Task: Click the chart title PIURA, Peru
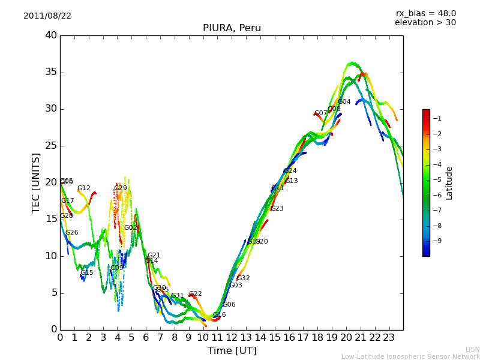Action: click(232, 28)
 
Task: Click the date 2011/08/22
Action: click(47, 16)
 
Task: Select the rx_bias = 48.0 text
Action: click(425, 14)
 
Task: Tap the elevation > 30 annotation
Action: click(425, 23)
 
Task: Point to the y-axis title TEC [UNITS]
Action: click(36, 182)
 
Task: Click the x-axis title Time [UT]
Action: click(232, 351)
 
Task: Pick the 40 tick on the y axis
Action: click(51, 35)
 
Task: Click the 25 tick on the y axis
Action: click(51, 146)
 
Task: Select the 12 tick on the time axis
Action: click(232, 338)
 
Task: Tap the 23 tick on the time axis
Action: click(389, 338)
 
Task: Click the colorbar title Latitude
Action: click(449, 183)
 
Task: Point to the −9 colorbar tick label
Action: click(437, 241)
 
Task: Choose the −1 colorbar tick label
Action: click(437, 119)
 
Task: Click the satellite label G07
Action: click(321, 113)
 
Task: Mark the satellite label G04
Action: click(344, 102)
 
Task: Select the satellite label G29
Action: click(121, 188)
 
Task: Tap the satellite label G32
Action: click(244, 278)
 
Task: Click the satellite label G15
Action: click(87, 272)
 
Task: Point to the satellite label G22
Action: click(196, 294)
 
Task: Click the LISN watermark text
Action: click(472, 349)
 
